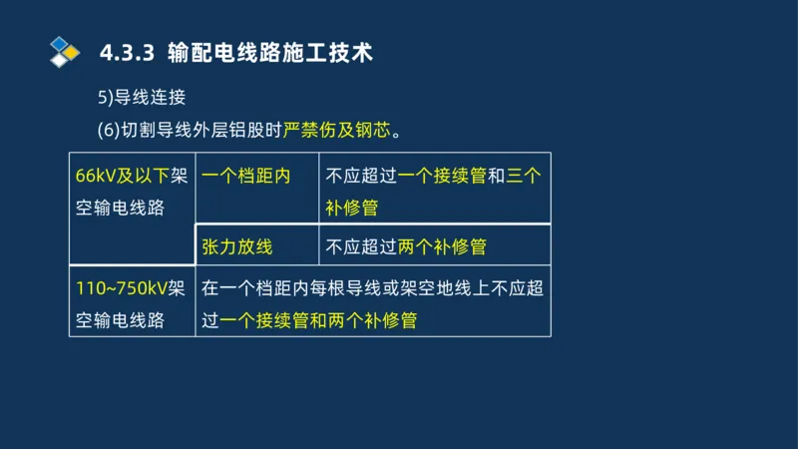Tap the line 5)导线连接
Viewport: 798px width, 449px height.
coord(143,98)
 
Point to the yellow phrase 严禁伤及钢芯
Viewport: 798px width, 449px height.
coord(338,130)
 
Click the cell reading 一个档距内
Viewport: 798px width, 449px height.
coord(245,177)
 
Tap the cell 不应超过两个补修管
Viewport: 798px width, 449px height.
coord(406,245)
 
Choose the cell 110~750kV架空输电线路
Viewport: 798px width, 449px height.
coord(132,304)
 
